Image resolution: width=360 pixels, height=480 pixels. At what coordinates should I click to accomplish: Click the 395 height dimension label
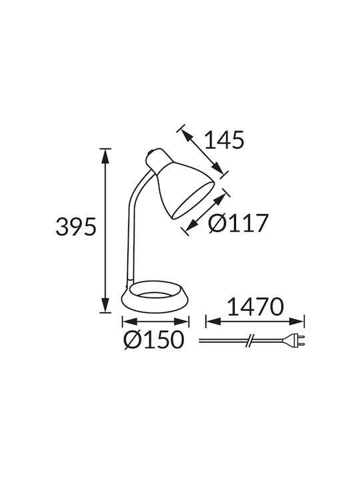point(76,227)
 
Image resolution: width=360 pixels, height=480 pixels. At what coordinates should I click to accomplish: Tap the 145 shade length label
point(225,140)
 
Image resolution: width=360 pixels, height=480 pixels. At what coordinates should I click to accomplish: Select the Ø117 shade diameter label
point(238,223)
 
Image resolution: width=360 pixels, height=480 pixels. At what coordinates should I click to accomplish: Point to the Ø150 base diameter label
point(154,340)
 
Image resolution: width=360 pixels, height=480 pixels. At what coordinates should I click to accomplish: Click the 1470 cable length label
point(255,307)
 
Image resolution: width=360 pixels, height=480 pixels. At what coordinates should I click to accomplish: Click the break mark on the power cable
point(250,341)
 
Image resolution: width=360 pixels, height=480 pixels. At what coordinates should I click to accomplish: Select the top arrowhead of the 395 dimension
point(105,156)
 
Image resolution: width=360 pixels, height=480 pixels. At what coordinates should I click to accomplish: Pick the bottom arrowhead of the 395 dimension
point(105,305)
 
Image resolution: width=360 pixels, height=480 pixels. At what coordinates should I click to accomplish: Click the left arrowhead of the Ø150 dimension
point(129,321)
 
